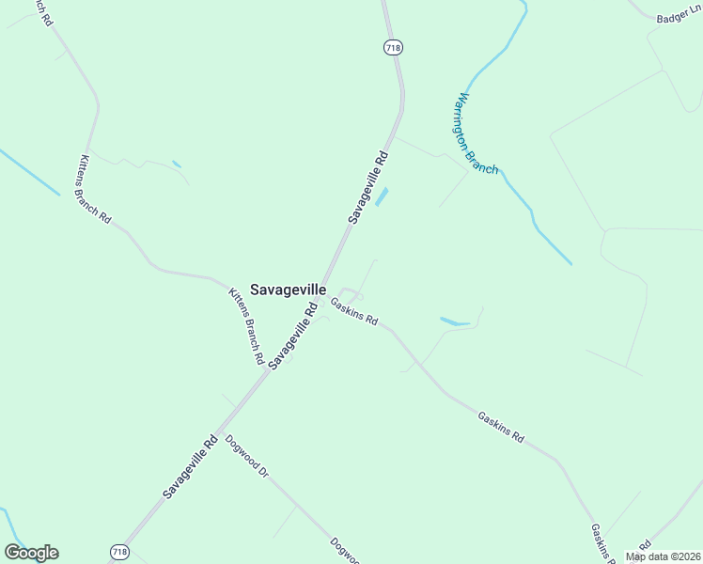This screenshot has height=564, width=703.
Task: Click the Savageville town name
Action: pyautogui.click(x=289, y=290)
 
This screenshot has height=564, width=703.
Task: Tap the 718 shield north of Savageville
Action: pyautogui.click(x=393, y=47)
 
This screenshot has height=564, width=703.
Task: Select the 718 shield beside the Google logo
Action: pyautogui.click(x=119, y=552)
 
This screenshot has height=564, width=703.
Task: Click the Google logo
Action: pyautogui.click(x=31, y=553)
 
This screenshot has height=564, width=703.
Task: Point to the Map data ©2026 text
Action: pyautogui.click(x=664, y=556)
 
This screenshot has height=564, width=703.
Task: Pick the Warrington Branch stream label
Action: pyautogui.click(x=477, y=133)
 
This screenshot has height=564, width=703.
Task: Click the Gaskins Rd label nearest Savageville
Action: pyautogui.click(x=354, y=312)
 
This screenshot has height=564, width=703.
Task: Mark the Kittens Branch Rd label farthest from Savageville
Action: pyautogui.click(x=95, y=189)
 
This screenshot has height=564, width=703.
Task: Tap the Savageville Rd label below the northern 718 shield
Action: pyautogui.click(x=368, y=185)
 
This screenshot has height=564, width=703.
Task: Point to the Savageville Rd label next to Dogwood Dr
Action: pyautogui.click(x=190, y=466)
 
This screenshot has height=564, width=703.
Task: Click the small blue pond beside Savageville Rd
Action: pyautogui.click(x=382, y=197)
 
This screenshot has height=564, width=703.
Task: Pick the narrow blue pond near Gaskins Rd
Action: pyautogui.click(x=454, y=322)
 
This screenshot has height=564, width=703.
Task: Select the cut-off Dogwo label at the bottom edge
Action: pyautogui.click(x=345, y=552)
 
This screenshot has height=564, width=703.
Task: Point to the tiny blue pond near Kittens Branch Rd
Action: pyautogui.click(x=177, y=165)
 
